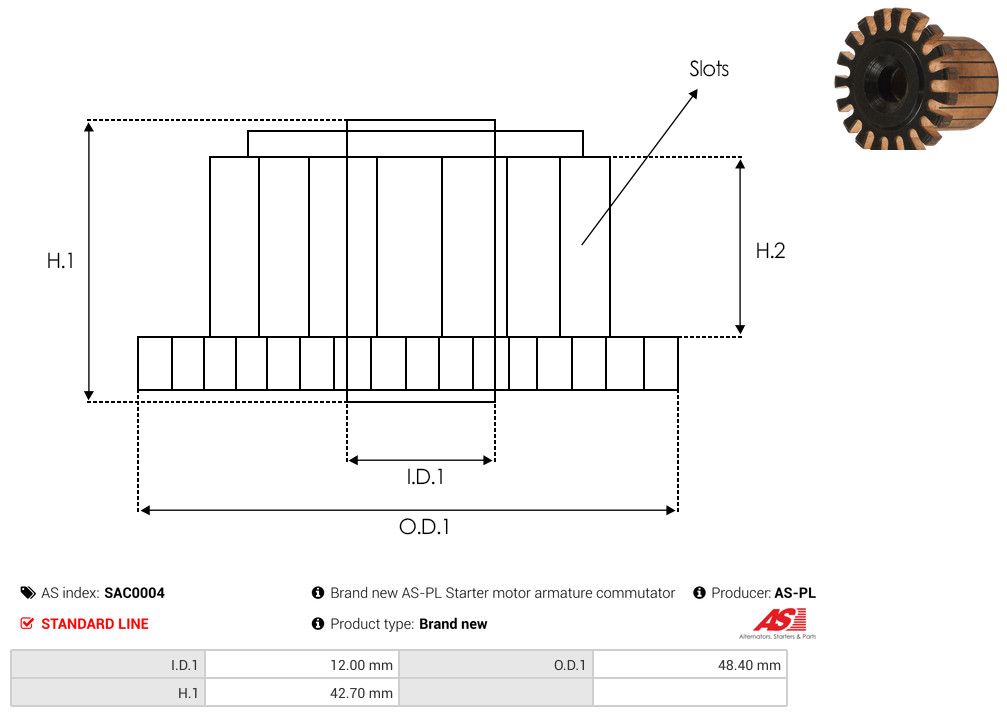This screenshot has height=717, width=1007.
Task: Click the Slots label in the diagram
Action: pyautogui.click(x=709, y=69)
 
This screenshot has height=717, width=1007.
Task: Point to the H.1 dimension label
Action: pyautogui.click(x=60, y=260)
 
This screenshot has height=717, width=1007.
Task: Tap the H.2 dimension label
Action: pyautogui.click(x=770, y=251)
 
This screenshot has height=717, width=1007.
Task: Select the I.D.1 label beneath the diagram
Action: pyautogui.click(x=425, y=477)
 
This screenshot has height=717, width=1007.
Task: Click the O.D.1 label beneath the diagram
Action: pyautogui.click(x=425, y=527)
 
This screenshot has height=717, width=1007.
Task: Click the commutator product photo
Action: pyautogui.click(x=916, y=80)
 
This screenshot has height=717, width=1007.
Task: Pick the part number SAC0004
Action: pyautogui.click(x=134, y=593)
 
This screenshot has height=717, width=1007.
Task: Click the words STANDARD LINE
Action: pyautogui.click(x=95, y=624)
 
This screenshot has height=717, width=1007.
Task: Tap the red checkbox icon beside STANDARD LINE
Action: pyautogui.click(x=27, y=623)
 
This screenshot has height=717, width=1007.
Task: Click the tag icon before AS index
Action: pyautogui.click(x=28, y=592)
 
